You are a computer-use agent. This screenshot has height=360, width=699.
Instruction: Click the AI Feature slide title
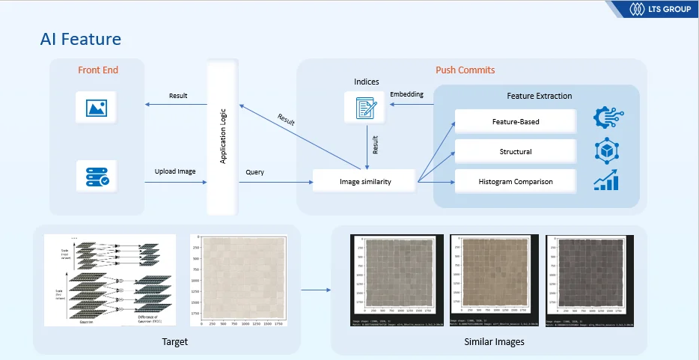(x=81, y=39)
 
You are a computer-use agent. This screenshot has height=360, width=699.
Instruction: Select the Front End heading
(x=98, y=70)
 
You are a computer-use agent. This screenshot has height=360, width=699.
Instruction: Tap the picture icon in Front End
(x=97, y=107)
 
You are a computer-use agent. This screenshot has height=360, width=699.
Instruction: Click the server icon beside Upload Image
(x=97, y=175)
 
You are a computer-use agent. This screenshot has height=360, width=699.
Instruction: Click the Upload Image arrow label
(x=175, y=171)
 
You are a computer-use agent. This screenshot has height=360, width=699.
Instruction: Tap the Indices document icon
(x=365, y=107)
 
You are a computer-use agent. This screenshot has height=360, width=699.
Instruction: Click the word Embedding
(x=406, y=94)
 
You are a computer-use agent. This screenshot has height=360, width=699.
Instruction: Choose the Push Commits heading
(x=465, y=70)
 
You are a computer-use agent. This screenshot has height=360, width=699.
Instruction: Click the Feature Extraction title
(x=539, y=96)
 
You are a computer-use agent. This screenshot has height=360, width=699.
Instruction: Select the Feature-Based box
(x=516, y=121)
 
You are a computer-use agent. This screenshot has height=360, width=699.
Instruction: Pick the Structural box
(x=516, y=151)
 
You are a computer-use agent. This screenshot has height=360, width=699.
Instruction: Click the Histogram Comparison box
(x=516, y=181)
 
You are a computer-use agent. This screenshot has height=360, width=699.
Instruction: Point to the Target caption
(x=174, y=342)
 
